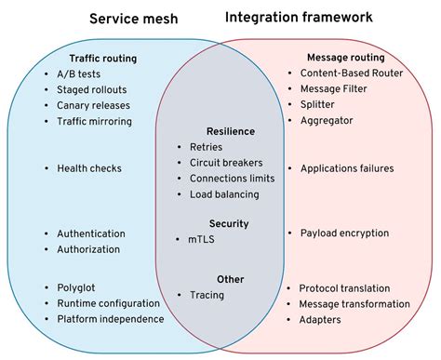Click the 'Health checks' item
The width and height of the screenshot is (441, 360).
[89, 168]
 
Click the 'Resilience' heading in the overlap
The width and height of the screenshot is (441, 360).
[230, 131]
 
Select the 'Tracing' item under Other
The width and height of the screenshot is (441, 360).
[208, 295]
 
